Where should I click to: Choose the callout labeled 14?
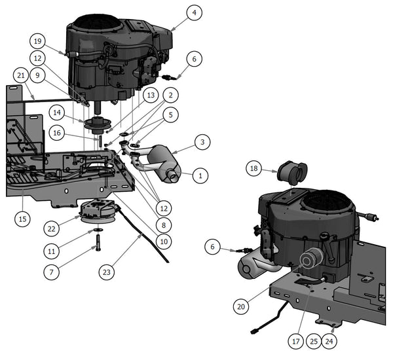click(x=57, y=113)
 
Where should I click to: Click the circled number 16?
click(x=57, y=133)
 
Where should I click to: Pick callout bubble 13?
click(x=151, y=96)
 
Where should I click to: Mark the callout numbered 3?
click(x=203, y=142)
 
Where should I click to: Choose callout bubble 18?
click(x=255, y=169)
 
